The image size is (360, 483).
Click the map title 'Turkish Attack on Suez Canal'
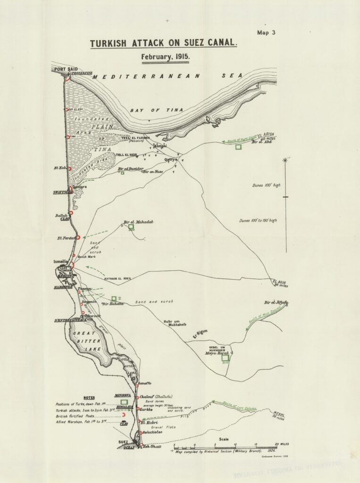tap(163, 43)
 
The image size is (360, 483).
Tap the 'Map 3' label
tap(266, 33)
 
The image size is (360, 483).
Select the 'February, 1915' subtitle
tap(165, 57)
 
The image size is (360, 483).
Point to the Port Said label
tap(66, 69)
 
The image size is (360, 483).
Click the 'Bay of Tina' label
tap(150, 110)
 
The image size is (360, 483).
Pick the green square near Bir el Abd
tap(238, 147)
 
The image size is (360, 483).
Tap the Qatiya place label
tap(170, 159)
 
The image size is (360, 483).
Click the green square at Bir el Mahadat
tap(131, 227)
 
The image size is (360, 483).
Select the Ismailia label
tap(61, 261)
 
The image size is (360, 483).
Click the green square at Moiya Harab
tap(226, 358)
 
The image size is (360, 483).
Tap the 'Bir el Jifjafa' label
tap(276, 302)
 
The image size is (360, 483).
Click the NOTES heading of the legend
tap(88, 398)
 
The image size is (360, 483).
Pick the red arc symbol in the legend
tap(123, 415)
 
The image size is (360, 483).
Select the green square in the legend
tap(124, 402)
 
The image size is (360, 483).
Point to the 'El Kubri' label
tap(149, 423)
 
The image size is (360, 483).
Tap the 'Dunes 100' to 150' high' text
tap(258, 220)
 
